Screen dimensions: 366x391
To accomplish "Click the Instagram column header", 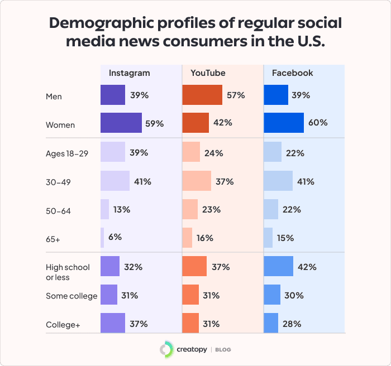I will pos(129,73).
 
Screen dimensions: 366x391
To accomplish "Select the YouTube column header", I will pos(208,73).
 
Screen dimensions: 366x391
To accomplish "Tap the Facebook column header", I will pos(292,73).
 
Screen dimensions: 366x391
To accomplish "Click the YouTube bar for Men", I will pos(202,95).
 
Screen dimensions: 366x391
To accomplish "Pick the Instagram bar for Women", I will pos(121,123).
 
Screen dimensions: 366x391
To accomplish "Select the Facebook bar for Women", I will pos(284,123).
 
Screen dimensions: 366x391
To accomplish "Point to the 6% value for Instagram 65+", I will pos(115,237).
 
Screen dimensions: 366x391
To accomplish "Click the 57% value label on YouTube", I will pos(236,95).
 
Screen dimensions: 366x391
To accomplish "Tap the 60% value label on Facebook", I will pos(318,123).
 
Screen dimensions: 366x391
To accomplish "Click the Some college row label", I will pos(71,296).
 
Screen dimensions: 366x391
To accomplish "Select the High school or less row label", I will pos(68,272).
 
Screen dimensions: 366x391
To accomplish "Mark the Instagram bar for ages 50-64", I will pos(104,209).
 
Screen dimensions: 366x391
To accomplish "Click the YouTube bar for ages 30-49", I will pos(197,181).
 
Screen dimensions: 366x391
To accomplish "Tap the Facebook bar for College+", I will pos(271,323).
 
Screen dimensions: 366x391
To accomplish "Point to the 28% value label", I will pos(292,324).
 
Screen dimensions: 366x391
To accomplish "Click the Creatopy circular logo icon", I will pos(166,349).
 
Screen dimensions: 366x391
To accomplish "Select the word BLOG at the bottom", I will pos(222,350).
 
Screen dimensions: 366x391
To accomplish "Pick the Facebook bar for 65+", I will pos(268,238).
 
